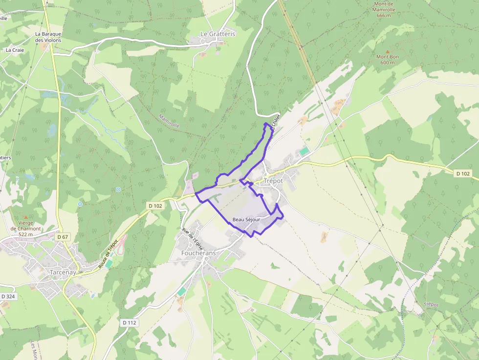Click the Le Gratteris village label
(218, 34)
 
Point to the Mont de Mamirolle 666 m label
(384, 9)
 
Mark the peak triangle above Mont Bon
(388, 51)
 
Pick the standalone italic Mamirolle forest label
(170, 121)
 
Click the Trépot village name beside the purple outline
(273, 181)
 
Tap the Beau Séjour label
(246, 220)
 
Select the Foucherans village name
(198, 254)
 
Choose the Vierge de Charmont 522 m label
(25, 228)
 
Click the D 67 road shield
(62, 237)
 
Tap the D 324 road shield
(8, 296)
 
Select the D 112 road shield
(129, 322)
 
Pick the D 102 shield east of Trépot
(462, 173)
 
